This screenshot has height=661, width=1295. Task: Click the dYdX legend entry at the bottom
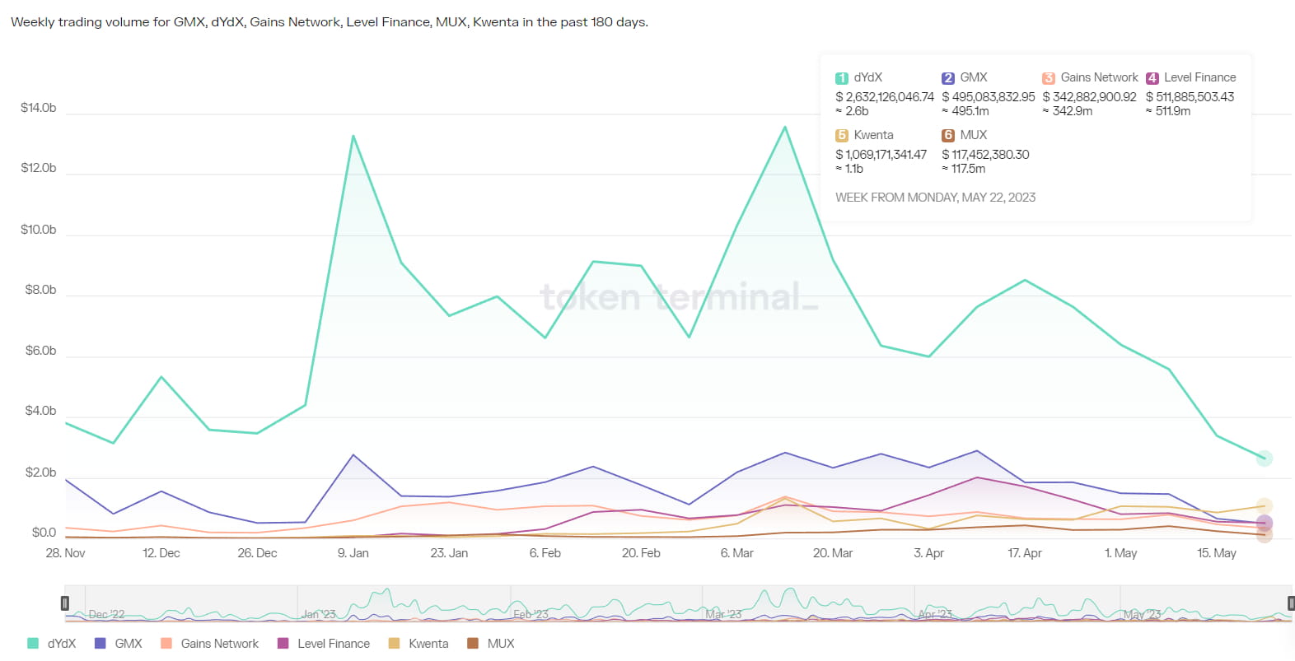(x=52, y=644)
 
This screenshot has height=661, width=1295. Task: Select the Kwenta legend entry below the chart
(x=419, y=644)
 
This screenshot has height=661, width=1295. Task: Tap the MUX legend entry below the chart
(x=491, y=644)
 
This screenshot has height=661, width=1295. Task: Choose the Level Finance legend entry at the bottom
(x=324, y=644)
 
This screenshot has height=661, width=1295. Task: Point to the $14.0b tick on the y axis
(x=39, y=108)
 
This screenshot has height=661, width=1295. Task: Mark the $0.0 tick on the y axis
(x=44, y=533)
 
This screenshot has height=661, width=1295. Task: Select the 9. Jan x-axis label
(x=353, y=553)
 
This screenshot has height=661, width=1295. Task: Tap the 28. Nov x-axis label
(x=65, y=553)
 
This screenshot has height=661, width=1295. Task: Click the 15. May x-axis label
(x=1217, y=553)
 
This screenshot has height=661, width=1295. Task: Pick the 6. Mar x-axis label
(x=737, y=553)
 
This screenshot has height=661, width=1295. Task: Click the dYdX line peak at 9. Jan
(x=353, y=136)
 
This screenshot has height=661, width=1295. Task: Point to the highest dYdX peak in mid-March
(x=785, y=127)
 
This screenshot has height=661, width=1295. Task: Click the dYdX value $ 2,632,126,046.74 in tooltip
(x=885, y=97)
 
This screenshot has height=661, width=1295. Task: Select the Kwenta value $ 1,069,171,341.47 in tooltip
(x=881, y=155)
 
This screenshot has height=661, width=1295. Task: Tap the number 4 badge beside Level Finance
(x=1152, y=78)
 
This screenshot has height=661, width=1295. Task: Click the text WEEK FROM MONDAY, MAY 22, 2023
(x=935, y=198)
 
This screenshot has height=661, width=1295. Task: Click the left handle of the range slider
(x=65, y=603)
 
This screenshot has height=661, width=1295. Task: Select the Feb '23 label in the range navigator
(x=531, y=614)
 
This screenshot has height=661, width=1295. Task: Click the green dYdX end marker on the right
(x=1265, y=459)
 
